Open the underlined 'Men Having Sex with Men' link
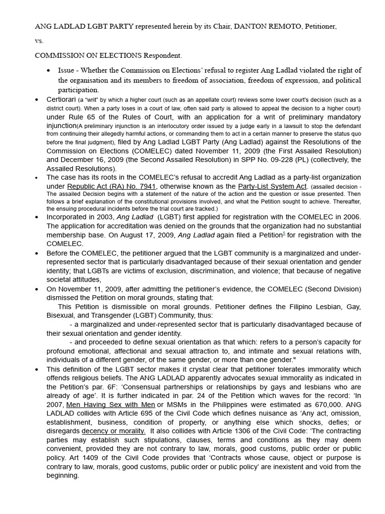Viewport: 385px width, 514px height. (110, 405)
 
